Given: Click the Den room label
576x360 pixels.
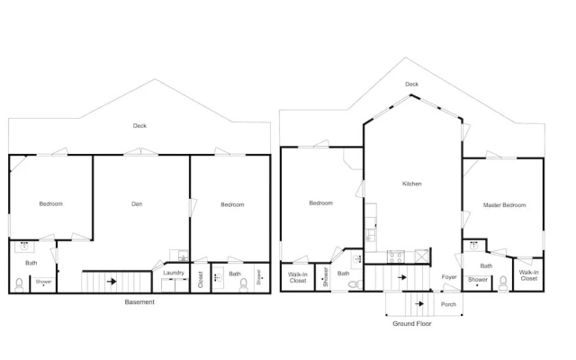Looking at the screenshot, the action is [137, 204].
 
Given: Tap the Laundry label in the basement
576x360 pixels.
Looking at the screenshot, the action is [174, 273].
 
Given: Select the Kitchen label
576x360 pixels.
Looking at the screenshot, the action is [412, 184].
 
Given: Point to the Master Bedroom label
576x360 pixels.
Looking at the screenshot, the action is [504, 205].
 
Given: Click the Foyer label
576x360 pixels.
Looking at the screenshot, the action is [449, 277].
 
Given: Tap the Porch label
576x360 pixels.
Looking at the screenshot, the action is [448, 304].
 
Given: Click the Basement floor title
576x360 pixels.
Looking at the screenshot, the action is [139, 302].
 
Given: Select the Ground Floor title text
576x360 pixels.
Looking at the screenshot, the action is [412, 324].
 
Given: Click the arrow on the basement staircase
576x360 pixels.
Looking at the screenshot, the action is [112, 282].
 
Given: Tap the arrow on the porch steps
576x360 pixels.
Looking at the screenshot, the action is [419, 304].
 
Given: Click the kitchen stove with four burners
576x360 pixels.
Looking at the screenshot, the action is [396, 256].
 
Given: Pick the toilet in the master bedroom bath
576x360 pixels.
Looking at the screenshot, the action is [503, 283].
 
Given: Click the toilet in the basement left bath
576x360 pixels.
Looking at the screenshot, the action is [19, 285].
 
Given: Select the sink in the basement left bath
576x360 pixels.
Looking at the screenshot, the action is [24, 246].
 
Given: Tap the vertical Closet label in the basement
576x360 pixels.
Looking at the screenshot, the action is [201, 279].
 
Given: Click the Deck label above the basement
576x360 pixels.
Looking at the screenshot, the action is [139, 126].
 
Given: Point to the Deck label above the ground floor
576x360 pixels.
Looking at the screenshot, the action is [412, 84].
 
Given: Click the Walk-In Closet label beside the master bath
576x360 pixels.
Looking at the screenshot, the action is [528, 275].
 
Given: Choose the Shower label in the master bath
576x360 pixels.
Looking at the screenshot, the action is [478, 280].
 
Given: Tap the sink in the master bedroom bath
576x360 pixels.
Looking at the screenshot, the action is [474, 245].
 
